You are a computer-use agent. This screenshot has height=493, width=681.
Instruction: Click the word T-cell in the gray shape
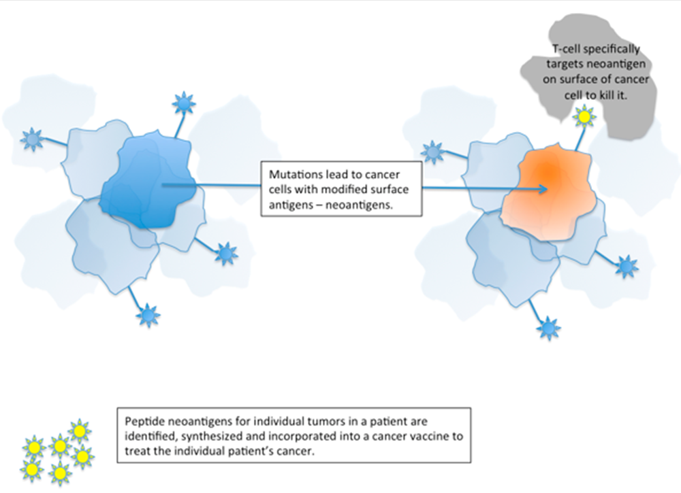pyautogui.click(x=570, y=50)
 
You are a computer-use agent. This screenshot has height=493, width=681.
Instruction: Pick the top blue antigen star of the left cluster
pyautogui.click(x=184, y=103)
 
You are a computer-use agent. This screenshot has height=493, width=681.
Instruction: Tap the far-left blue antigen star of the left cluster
pyautogui.click(x=32, y=139)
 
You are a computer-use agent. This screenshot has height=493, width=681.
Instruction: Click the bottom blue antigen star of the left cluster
pyautogui.click(x=148, y=316)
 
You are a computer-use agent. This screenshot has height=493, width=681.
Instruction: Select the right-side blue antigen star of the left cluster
pyautogui.click(x=226, y=254)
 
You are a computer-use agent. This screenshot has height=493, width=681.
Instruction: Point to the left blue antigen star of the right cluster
pyautogui.click(x=432, y=153)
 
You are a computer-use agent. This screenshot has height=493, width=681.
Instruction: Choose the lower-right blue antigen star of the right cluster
pyautogui.click(x=627, y=266)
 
